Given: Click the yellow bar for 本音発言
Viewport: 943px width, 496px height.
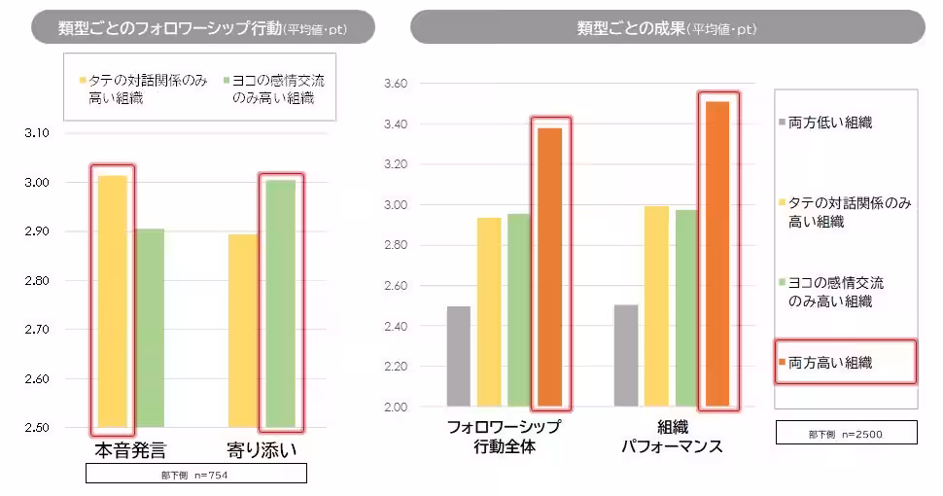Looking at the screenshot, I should (x=112, y=301).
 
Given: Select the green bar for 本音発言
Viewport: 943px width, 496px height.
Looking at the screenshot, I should (x=149, y=328).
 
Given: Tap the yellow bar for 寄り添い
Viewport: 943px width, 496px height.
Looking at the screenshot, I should (x=243, y=331).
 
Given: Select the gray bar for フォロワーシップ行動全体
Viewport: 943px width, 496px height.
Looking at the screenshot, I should (x=459, y=356).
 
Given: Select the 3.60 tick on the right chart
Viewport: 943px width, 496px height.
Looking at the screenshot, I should (x=397, y=84).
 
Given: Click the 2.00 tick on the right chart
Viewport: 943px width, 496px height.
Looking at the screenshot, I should (x=397, y=407).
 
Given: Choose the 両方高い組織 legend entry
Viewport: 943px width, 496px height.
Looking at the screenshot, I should (x=830, y=363).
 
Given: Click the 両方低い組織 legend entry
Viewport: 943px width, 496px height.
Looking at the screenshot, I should (x=830, y=123).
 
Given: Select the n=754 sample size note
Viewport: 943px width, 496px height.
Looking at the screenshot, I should (x=196, y=475).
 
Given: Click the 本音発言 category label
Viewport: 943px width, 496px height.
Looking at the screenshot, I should (x=130, y=451).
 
